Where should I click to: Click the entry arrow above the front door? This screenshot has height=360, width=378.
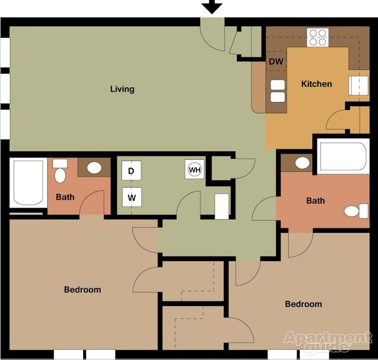(212, 7)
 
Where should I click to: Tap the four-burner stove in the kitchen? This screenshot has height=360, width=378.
(318, 38)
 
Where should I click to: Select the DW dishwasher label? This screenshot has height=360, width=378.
(276, 62)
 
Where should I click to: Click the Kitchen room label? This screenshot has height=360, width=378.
(316, 84)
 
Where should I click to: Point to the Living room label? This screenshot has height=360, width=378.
(122, 89)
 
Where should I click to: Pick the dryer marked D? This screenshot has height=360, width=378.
(131, 171)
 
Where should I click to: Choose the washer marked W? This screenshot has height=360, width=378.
(131, 198)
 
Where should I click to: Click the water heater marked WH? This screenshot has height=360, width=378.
(195, 170)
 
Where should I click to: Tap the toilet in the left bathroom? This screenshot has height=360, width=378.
(60, 171)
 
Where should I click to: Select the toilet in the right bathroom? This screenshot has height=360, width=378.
(356, 211)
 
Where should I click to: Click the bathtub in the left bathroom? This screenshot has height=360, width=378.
(28, 183)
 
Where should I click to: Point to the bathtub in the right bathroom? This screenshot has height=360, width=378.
(343, 156)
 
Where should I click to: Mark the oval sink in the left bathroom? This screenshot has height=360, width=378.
(94, 168)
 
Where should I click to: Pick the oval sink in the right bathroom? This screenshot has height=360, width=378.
(302, 163)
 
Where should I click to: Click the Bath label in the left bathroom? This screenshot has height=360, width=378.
(65, 197)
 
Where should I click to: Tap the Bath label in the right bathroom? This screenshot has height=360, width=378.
(315, 201)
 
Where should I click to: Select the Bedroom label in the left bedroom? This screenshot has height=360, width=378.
(83, 290)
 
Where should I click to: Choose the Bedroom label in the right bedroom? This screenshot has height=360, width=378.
(304, 304)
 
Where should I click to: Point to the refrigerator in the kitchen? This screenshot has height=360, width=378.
(358, 85)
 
